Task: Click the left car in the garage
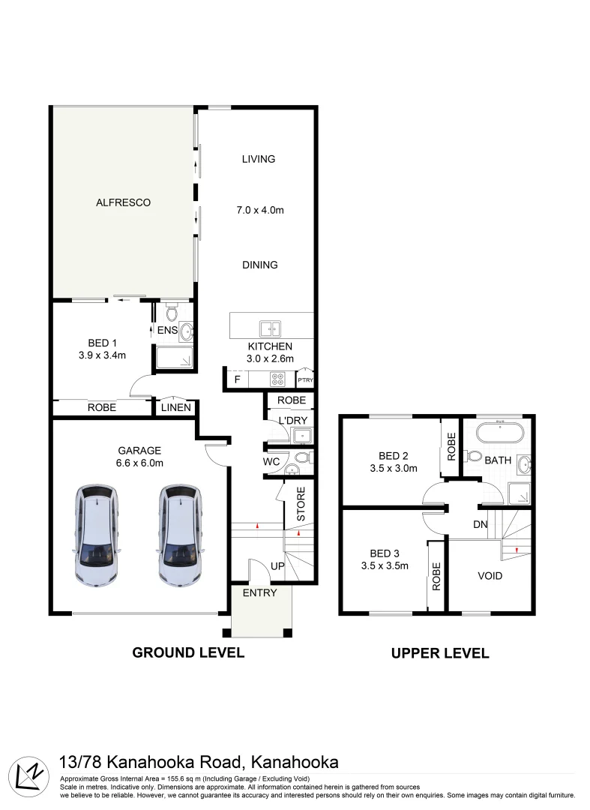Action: (x=97, y=535)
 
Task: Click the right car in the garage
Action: (x=180, y=535)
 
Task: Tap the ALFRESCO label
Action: (x=124, y=202)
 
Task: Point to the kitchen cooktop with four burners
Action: (x=279, y=379)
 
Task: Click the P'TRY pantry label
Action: (x=306, y=380)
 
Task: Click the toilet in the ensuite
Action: (x=172, y=311)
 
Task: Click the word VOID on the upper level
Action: (x=490, y=576)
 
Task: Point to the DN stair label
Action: (x=481, y=525)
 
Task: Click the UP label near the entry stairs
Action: (x=277, y=565)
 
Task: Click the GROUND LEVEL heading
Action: (x=188, y=652)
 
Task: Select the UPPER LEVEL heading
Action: (x=440, y=653)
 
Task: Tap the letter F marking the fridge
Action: (x=238, y=379)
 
